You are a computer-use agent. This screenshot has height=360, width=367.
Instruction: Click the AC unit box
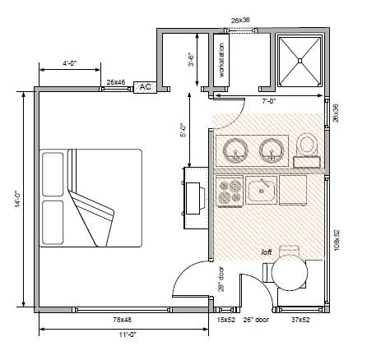145,87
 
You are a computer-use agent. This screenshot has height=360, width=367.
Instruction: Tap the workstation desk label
221,60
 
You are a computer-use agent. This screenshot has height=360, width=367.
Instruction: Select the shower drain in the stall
300,61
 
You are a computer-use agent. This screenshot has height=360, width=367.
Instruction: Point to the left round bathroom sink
235,151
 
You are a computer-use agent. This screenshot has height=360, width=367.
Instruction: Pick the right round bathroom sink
272,151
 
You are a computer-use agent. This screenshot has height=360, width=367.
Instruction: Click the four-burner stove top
230,191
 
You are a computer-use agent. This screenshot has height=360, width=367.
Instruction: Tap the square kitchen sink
261,190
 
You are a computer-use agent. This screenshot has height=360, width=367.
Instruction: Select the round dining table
290,272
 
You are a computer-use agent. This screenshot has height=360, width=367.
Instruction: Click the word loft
267,252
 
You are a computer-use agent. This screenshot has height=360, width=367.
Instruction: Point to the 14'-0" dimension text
18,199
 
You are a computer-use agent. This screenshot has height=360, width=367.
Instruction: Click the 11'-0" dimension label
128,335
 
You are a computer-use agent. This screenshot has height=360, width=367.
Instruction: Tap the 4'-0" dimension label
70,63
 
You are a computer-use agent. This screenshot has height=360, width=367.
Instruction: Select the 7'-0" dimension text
269,101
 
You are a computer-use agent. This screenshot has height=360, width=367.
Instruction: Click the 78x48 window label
123,320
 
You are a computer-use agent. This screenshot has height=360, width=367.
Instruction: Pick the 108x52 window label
337,240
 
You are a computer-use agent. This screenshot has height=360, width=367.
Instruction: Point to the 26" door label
256,320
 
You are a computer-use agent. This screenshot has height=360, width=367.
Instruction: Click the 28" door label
221,279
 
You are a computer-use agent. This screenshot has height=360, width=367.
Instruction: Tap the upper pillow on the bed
53,174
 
